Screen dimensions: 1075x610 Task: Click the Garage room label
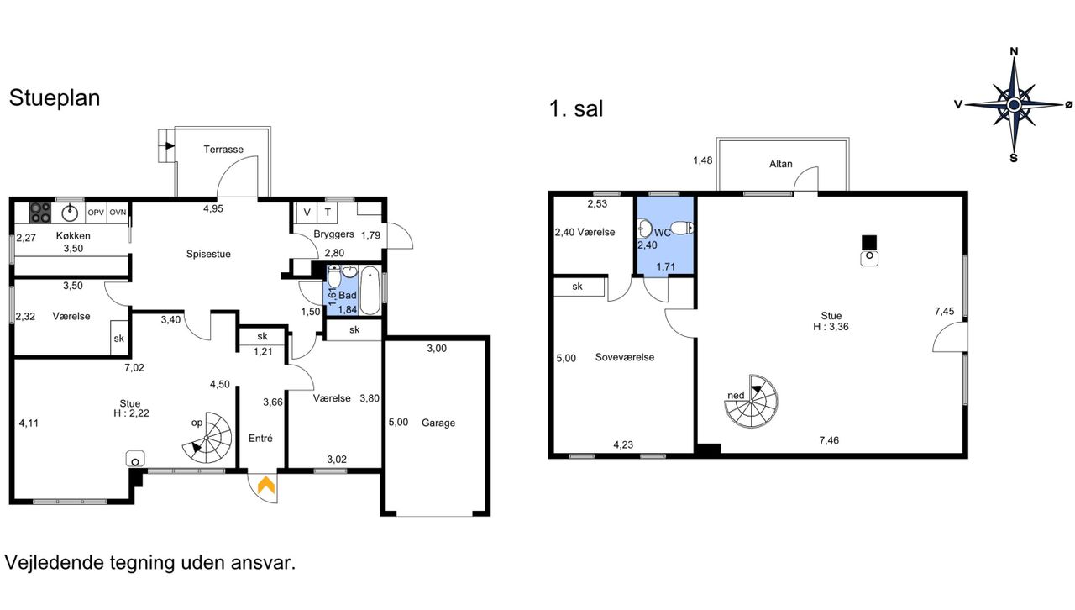click(x=438, y=423)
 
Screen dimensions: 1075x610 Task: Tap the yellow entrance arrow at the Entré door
click(x=266, y=485)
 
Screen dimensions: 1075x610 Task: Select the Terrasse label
click(x=223, y=150)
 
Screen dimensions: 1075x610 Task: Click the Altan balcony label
click(x=781, y=164)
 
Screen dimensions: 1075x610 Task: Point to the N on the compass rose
click(x=1014, y=51)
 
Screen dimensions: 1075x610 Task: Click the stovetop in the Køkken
click(x=40, y=213)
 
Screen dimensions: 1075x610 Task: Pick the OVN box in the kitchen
click(x=118, y=213)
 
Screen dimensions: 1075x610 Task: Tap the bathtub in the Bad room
click(x=370, y=291)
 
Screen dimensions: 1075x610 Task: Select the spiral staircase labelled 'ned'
click(x=751, y=401)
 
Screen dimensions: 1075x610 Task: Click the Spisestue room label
click(x=208, y=254)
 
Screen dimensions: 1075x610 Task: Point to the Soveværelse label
click(x=624, y=357)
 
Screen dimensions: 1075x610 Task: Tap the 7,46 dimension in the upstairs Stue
click(x=829, y=440)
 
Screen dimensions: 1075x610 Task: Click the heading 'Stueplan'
click(x=55, y=97)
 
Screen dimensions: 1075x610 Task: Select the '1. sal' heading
click(x=576, y=108)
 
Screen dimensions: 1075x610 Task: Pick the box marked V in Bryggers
click(x=307, y=213)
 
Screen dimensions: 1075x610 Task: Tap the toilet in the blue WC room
click(x=681, y=227)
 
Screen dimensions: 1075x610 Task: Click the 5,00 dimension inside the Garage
click(x=398, y=422)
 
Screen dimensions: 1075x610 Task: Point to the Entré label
click(x=260, y=438)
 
